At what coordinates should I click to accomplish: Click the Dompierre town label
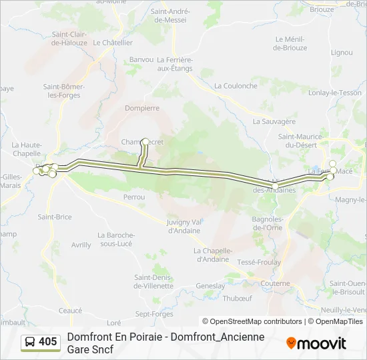pos(141,107)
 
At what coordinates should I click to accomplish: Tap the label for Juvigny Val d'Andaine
pos(179,226)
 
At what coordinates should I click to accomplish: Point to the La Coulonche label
pos(236,86)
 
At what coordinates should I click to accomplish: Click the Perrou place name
pos(134,197)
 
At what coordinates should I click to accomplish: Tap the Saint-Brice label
pos(55,217)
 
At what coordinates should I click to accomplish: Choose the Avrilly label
pos(81,245)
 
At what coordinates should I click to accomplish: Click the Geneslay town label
pos(210,285)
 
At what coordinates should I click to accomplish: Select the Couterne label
pos(276,283)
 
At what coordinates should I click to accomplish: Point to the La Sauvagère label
pos(274,121)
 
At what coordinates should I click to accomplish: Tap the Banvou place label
pos(141,60)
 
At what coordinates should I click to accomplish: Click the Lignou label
pos(341,53)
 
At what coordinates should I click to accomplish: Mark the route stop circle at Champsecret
pos(145,141)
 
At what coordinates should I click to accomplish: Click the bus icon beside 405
pos(30,342)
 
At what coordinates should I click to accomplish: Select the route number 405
pos(48,342)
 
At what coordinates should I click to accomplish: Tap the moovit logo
pos(316,343)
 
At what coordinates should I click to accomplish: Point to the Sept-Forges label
pos(154,314)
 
